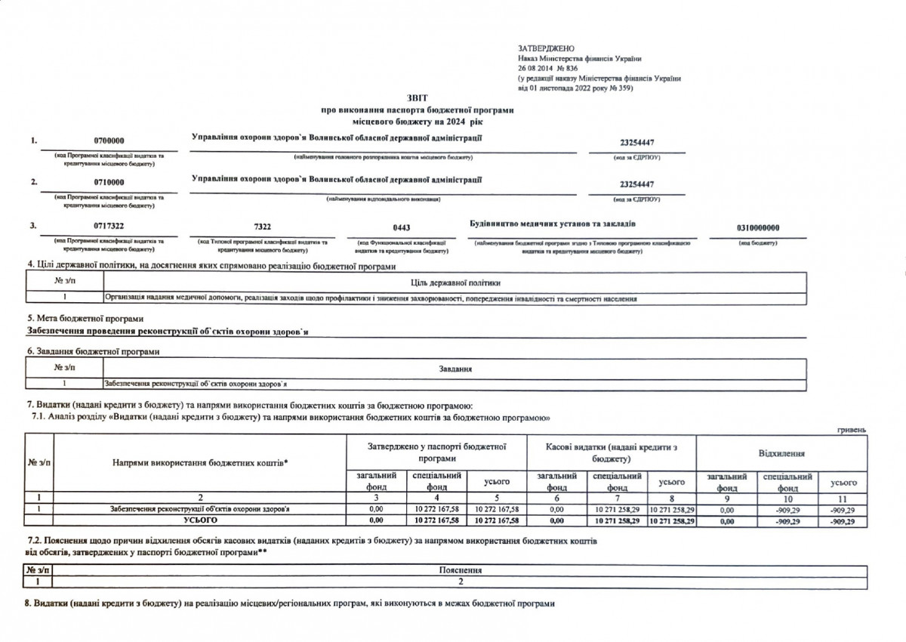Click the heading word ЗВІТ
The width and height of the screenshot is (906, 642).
(417, 99)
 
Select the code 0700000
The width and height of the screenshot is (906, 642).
(109, 141)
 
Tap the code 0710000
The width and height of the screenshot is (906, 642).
(109, 183)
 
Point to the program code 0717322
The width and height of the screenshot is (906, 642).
(109, 226)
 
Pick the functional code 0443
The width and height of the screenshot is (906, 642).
(402, 227)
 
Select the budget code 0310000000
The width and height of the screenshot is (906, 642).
(757, 227)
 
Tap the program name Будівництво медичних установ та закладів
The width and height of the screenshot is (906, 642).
(553, 224)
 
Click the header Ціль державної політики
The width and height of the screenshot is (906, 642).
(455, 282)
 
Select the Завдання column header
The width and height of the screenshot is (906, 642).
(455, 369)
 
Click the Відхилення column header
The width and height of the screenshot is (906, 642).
(781, 453)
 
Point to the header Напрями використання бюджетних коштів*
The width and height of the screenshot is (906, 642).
(200, 461)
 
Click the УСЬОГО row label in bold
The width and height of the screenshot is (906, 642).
(200, 520)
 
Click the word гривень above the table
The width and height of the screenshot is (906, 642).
(851, 429)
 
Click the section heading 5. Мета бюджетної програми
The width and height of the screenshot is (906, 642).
(85, 319)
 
